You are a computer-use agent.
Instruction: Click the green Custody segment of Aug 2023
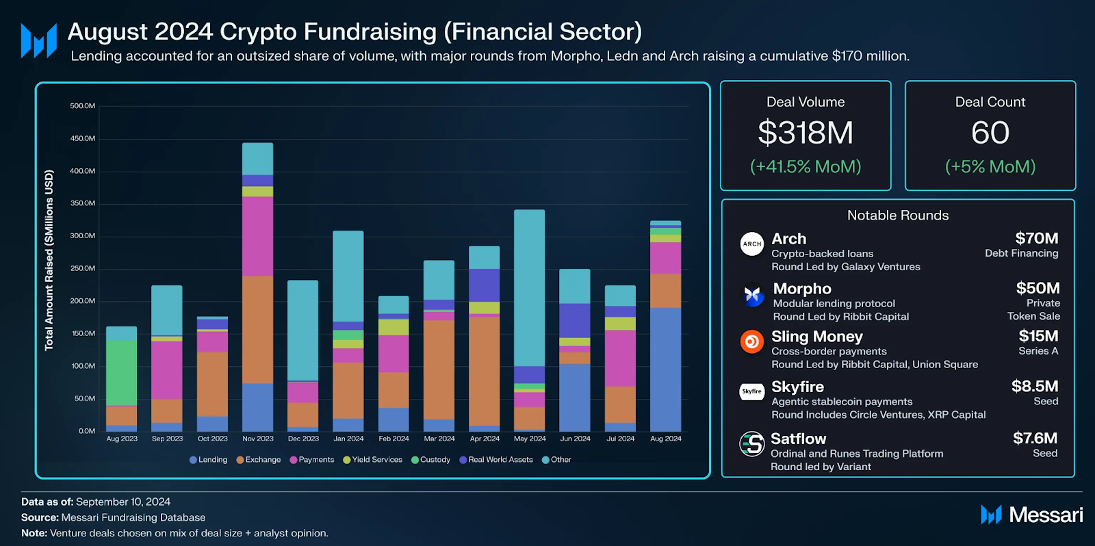(x=121, y=373)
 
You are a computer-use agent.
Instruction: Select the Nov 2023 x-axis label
(x=257, y=439)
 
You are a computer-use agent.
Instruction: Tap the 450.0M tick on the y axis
(x=82, y=138)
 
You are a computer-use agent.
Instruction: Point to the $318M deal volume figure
(x=806, y=133)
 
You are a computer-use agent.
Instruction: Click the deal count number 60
(x=990, y=133)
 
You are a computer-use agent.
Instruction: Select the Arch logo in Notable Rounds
(x=751, y=244)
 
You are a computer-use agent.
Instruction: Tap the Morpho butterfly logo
(x=753, y=295)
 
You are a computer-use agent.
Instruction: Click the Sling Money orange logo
(x=751, y=341)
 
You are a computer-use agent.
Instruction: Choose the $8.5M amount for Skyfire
(x=1035, y=387)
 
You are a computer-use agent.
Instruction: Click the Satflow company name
(x=798, y=439)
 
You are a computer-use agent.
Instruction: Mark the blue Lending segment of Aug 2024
(x=665, y=369)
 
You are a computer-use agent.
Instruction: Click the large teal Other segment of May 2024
(x=529, y=287)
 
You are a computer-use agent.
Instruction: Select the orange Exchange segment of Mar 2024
(x=439, y=369)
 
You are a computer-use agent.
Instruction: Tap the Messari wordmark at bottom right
(x=1045, y=515)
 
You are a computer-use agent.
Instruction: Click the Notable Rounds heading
(x=897, y=216)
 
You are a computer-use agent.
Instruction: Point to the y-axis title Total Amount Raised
(x=49, y=260)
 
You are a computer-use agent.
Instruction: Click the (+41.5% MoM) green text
(x=806, y=166)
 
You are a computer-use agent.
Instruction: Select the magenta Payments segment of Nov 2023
(x=257, y=236)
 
